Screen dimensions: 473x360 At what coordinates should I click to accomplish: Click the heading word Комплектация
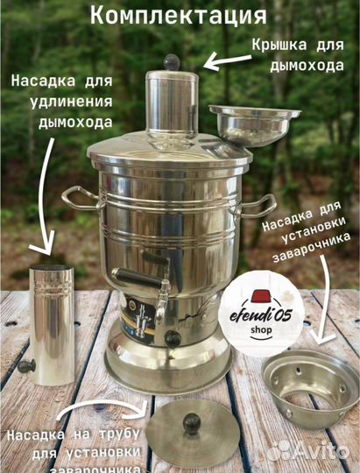[x=179, y=17]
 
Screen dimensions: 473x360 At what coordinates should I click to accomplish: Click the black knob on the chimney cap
[x=173, y=61]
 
